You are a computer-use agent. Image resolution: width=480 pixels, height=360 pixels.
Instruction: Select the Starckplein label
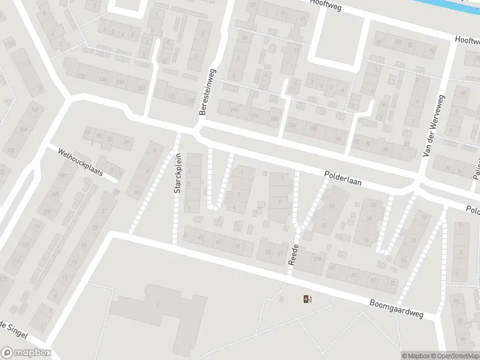coord(178,173)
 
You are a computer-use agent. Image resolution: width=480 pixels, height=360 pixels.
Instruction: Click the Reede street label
coord(294,254)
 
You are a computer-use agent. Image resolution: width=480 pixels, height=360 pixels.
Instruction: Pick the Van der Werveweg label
coord(433,127)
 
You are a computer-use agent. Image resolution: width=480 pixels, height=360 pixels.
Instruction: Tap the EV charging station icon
coord(308,299)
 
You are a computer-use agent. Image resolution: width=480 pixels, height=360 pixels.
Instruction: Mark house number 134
coord(102,79)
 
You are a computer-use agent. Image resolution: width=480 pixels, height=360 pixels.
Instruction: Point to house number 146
coord(23,130)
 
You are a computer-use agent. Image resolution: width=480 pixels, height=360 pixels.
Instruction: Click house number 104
coord(292,125)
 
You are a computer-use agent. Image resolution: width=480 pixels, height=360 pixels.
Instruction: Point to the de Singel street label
coord(12,328)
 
